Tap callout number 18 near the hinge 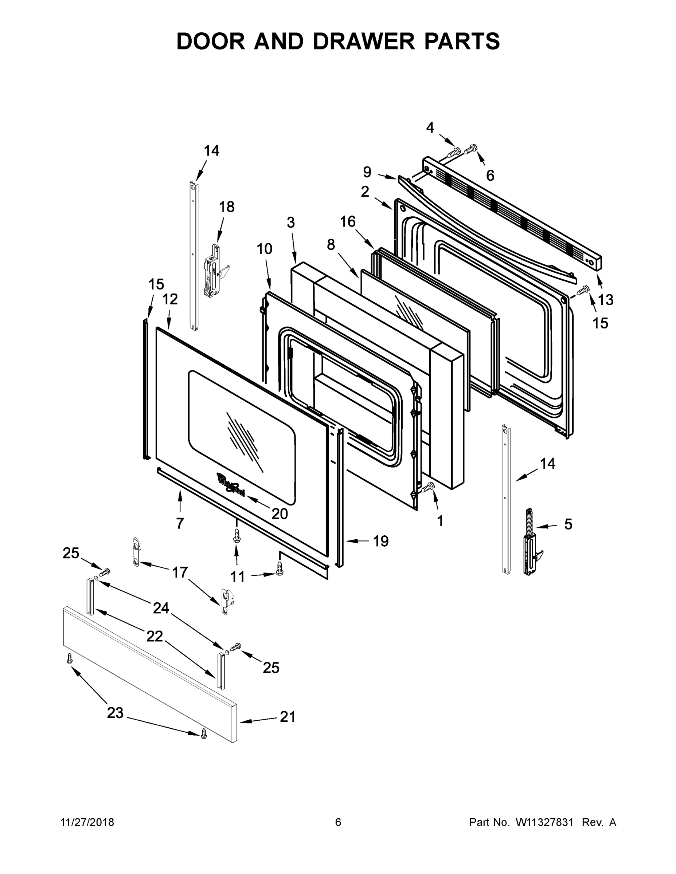[227, 207]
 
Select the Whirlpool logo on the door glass [231, 485]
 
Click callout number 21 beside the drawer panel [288, 717]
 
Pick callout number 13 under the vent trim [606, 299]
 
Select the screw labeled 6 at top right [470, 149]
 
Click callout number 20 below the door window [280, 514]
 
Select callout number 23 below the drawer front [115, 713]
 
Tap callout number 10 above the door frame [264, 249]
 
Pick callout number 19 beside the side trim [380, 542]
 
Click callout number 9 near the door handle [367, 172]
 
